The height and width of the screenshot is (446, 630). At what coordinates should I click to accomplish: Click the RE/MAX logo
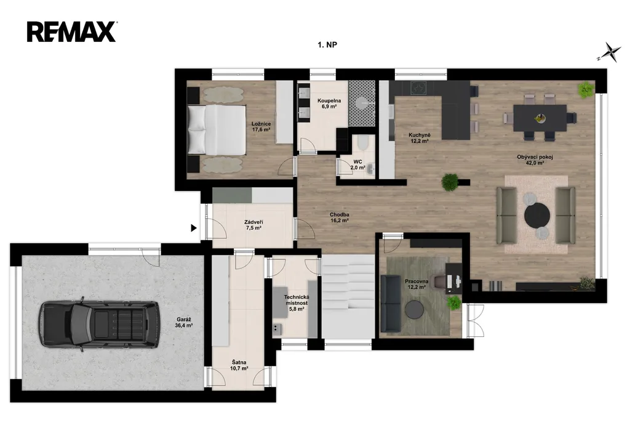(72, 32)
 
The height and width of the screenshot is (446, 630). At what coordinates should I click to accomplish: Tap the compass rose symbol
(610, 52)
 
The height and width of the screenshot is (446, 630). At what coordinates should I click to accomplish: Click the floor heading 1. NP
(327, 45)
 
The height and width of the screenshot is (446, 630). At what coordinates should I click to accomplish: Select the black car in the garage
(100, 325)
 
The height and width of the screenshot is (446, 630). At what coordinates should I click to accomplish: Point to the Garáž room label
(183, 323)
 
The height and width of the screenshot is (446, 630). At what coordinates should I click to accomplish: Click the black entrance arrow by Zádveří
(194, 228)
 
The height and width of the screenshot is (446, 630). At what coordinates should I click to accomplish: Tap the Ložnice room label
(261, 127)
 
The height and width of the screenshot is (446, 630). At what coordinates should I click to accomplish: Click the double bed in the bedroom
(217, 129)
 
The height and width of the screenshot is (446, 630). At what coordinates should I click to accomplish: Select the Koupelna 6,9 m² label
(329, 103)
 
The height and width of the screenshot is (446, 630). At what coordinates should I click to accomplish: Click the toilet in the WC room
(362, 143)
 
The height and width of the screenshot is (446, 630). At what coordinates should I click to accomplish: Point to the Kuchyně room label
(420, 138)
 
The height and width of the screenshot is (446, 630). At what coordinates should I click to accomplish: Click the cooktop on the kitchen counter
(419, 87)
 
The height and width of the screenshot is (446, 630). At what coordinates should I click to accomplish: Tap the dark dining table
(540, 118)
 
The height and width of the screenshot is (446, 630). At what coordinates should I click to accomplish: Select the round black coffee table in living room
(537, 216)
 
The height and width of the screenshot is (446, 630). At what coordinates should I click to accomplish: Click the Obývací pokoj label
(535, 160)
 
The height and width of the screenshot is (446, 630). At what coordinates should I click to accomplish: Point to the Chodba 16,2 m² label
(340, 217)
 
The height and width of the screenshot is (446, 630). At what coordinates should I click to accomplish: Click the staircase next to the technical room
(348, 298)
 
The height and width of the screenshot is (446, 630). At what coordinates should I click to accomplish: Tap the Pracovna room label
(417, 285)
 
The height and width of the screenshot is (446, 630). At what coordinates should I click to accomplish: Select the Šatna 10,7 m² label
(239, 365)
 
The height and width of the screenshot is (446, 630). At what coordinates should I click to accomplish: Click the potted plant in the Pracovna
(455, 302)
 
